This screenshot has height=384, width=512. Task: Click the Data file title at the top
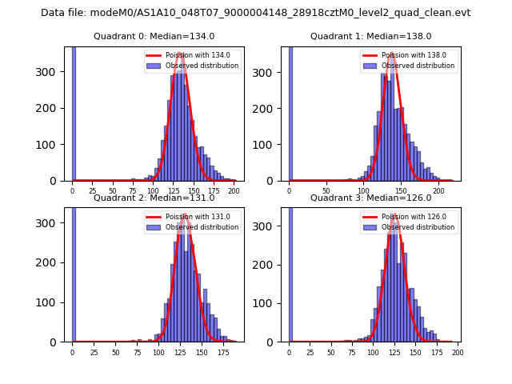[255, 13]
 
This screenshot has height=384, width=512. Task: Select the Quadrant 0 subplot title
[154, 36]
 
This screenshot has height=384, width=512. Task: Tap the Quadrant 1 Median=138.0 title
[370, 36]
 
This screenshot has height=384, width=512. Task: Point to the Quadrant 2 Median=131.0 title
[154, 198]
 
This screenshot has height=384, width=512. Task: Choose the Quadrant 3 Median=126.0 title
[370, 198]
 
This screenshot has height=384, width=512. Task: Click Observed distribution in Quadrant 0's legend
[202, 66]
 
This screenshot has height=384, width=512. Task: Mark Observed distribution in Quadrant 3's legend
[418, 227]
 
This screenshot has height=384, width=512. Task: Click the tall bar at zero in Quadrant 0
[73, 112]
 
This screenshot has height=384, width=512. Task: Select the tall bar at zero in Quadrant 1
[290, 112]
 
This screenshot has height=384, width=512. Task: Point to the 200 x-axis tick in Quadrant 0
[234, 192]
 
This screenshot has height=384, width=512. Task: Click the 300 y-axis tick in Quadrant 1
[270, 72]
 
